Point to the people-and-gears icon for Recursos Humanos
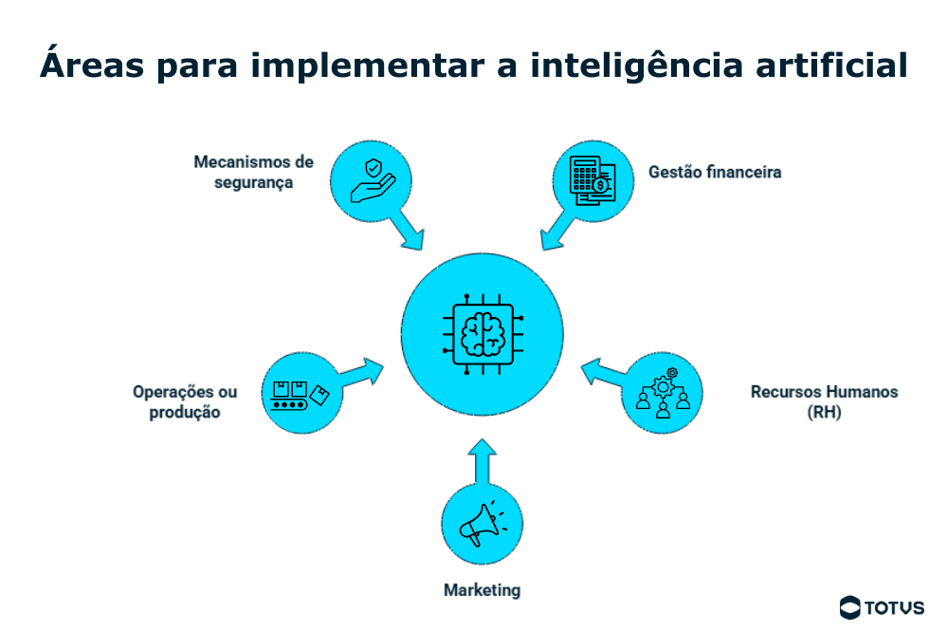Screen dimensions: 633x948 click(x=663, y=392)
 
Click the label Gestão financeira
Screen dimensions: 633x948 click(x=715, y=172)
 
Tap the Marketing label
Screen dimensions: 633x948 click(x=482, y=590)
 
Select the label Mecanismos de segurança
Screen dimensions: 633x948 click(x=253, y=172)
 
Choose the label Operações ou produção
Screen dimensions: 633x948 click(x=185, y=401)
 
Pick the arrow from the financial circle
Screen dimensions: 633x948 click(x=557, y=231)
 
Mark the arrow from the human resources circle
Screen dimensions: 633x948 click(x=604, y=372)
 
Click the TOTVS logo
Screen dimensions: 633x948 click(x=882, y=607)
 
